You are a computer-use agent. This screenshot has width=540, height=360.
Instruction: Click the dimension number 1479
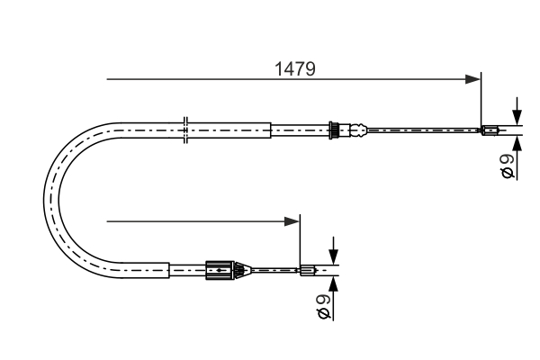295,69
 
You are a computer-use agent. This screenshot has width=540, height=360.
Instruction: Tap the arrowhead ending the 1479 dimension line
472,79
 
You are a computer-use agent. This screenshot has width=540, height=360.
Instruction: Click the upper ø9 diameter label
508,166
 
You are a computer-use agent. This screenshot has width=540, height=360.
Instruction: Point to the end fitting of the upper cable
490,130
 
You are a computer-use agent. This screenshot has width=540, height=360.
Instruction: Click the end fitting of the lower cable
308,270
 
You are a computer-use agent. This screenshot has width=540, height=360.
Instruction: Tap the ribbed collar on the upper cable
333,130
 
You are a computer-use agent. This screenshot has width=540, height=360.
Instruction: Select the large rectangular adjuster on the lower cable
220,270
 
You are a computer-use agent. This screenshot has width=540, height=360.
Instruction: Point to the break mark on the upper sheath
185,130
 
